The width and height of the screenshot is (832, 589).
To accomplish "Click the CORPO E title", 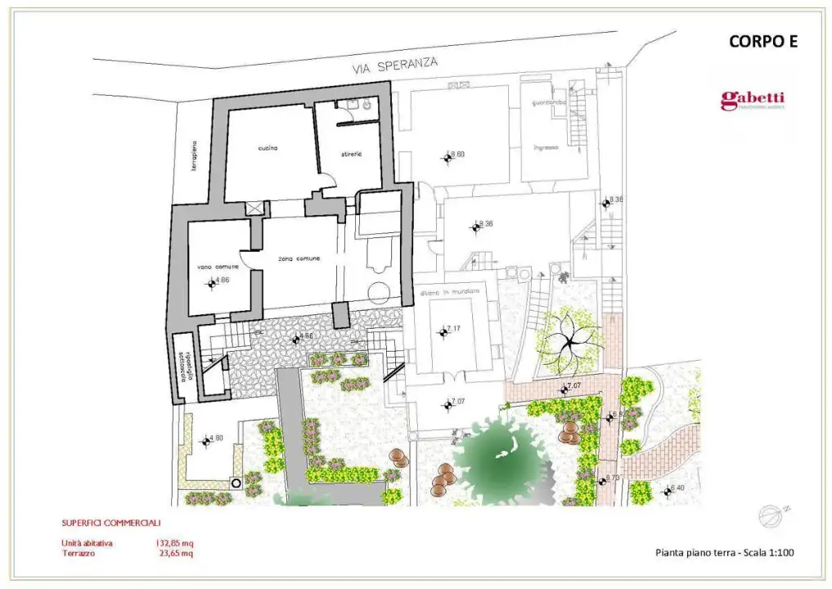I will click(x=762, y=43).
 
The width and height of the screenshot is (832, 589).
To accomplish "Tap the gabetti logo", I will click(x=752, y=101).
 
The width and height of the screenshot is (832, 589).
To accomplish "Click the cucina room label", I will click(x=268, y=148).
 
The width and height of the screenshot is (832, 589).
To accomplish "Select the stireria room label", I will click(x=348, y=154).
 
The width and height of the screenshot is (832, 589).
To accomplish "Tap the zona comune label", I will click(x=299, y=259).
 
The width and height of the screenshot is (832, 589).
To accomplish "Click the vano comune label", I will click(x=218, y=268).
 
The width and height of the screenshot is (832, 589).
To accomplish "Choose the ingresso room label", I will click(x=546, y=147).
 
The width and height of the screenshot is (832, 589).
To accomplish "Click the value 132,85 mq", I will click(x=174, y=542).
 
